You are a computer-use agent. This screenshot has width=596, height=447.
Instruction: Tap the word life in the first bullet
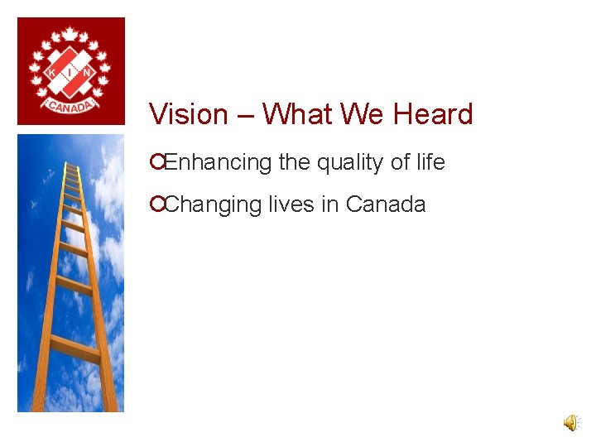pyautogui.click(x=430, y=162)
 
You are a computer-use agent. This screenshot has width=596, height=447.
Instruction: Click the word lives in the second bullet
pyautogui.click(x=291, y=204)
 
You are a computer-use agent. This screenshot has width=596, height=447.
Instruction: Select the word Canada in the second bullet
pyautogui.click(x=386, y=204)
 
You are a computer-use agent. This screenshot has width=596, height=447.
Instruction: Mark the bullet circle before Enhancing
pyautogui.click(x=156, y=163)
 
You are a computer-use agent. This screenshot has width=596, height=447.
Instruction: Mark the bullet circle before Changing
pyautogui.click(x=156, y=204)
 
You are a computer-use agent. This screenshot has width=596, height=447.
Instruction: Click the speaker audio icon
pyautogui.click(x=571, y=423)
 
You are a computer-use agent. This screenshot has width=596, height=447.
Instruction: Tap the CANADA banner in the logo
pyautogui.click(x=70, y=105)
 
